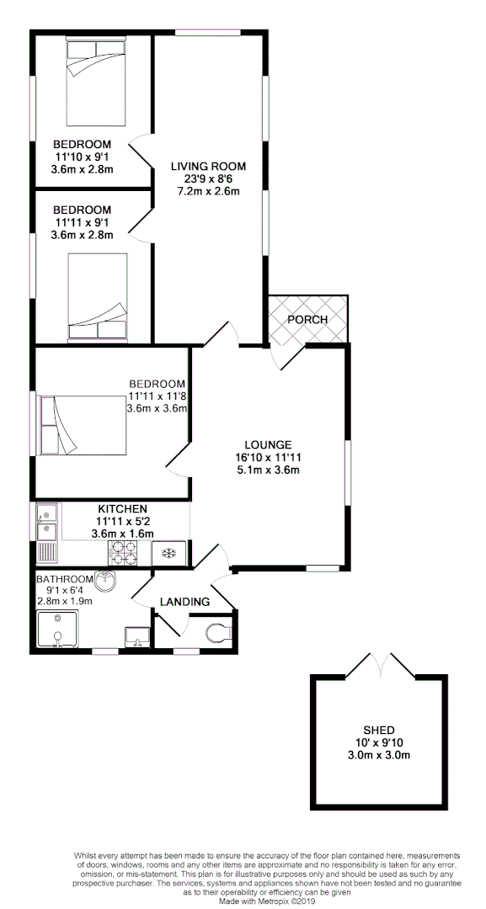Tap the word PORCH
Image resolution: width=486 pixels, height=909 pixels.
(x=307, y=320)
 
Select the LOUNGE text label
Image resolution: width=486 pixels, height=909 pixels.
(x=268, y=444)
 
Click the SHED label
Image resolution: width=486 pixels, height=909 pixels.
(x=380, y=730)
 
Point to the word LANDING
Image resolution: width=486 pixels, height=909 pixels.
(x=185, y=602)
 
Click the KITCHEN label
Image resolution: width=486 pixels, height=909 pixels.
(x=123, y=509)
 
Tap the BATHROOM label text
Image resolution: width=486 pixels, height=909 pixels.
(x=64, y=579)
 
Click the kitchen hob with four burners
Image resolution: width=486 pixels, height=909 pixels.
(x=125, y=552)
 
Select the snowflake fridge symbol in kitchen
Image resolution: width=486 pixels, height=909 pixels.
(x=168, y=553)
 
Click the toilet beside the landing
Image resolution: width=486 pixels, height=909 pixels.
(x=217, y=633)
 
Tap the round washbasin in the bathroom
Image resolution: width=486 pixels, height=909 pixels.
(x=107, y=582)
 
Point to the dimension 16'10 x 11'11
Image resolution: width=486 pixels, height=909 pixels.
(x=268, y=457)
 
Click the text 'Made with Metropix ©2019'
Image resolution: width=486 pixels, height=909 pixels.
(x=267, y=901)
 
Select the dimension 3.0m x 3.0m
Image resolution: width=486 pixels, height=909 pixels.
(x=380, y=755)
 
